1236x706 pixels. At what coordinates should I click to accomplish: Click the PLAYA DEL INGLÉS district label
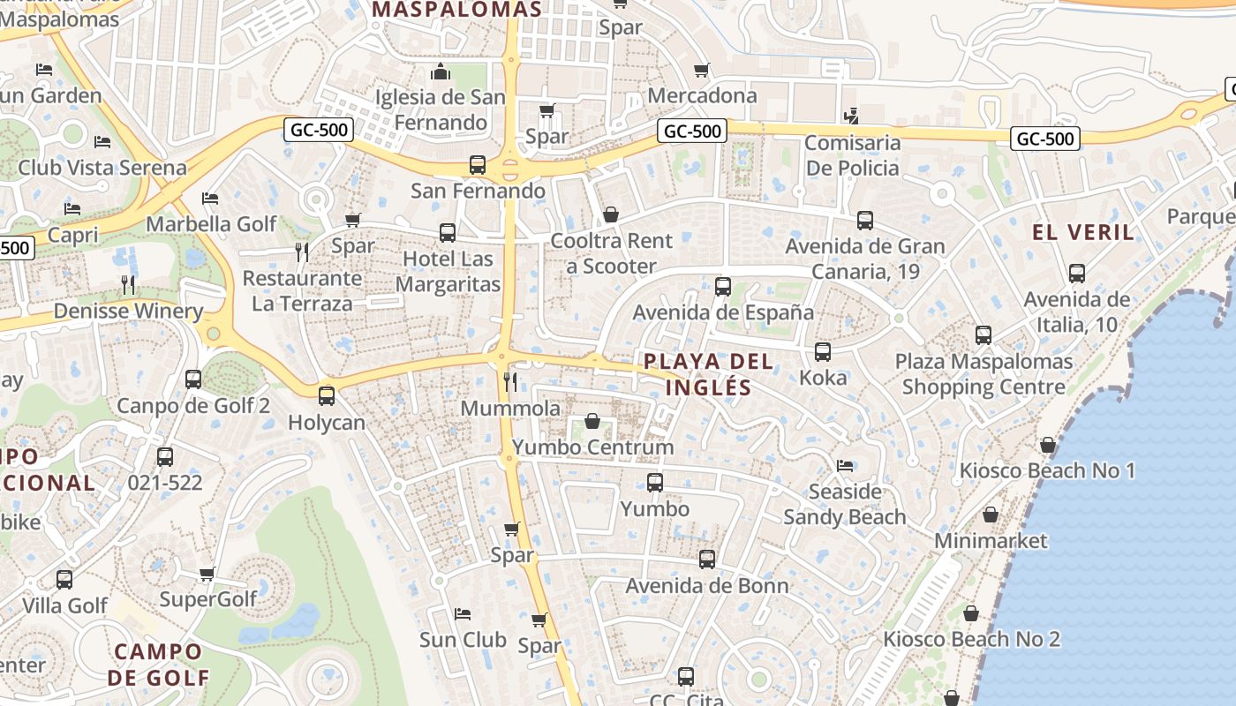(708, 374)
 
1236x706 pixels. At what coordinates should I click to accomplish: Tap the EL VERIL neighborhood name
(1083, 233)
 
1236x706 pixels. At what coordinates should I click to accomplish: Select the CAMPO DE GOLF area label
(159, 665)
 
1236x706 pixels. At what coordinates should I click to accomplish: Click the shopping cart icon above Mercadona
(702, 70)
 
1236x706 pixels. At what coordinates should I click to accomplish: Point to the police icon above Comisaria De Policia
(851, 116)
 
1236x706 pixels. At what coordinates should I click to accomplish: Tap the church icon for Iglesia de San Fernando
(440, 71)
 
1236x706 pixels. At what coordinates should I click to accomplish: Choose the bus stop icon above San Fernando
(478, 164)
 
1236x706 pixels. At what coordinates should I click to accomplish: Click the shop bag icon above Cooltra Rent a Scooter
(610, 214)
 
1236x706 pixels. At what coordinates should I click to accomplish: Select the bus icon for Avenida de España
(723, 286)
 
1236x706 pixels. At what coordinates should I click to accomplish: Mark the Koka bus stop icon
(823, 351)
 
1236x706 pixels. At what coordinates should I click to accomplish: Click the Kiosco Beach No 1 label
(1047, 470)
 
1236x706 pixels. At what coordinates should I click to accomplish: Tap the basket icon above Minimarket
(991, 514)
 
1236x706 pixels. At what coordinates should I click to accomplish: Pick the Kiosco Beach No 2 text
(971, 639)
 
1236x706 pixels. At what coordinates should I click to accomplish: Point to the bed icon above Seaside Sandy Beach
(845, 465)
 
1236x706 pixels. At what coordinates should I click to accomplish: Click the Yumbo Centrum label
(592, 447)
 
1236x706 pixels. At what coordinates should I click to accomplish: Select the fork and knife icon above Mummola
(510, 381)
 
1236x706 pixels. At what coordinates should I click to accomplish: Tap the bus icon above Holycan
(327, 395)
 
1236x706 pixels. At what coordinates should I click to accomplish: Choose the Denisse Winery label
(128, 312)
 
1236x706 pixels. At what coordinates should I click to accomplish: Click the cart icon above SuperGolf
(207, 574)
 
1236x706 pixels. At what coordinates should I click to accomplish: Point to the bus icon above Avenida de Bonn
(707, 559)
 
